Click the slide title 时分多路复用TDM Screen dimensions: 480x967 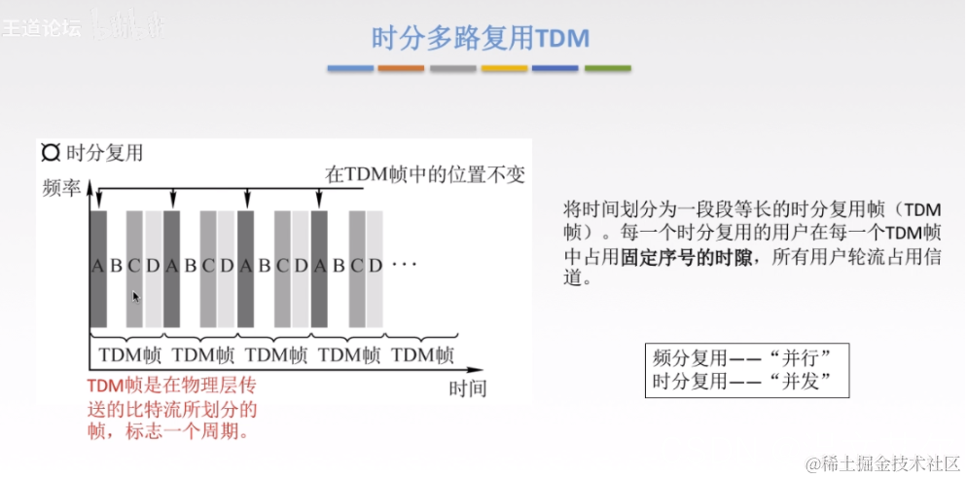pos(482,37)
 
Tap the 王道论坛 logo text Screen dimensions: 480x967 pos(39,28)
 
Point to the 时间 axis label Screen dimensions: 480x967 pos(467,388)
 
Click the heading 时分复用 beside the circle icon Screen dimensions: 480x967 pos(104,153)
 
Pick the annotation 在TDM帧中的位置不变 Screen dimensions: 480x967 pos(424,174)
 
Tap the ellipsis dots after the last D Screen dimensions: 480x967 pos(404,265)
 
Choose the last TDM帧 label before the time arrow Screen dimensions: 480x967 pos(423,355)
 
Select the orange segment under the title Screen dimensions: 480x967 pos(401,68)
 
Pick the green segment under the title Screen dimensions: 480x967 pos(607,68)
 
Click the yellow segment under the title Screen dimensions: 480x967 pos(504,68)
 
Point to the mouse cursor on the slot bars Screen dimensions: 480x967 pos(136,295)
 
